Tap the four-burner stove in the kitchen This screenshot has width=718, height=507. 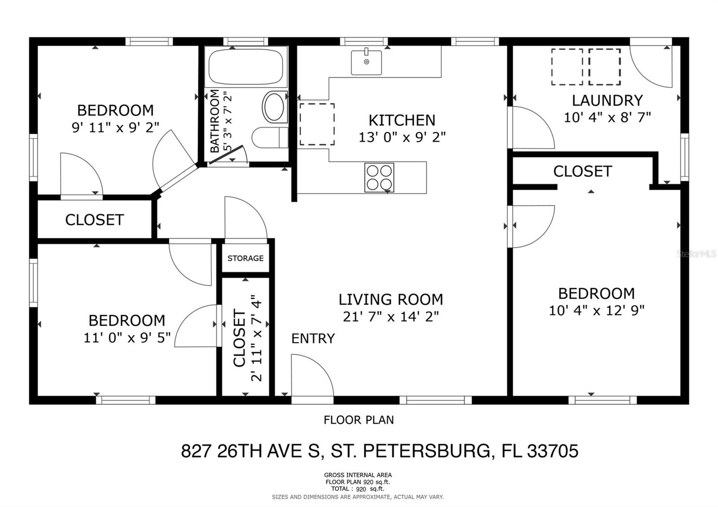pos(379,178)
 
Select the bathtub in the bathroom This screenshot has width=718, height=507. pos(246,67)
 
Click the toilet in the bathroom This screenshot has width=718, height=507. pos(269,137)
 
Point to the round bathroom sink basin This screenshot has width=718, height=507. pos(274,107)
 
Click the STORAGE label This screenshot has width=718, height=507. pos(245,258)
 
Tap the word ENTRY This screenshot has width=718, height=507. pos(313,338)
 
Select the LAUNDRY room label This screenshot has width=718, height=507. pos(607,101)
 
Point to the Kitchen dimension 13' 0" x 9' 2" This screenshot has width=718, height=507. pos(402,137)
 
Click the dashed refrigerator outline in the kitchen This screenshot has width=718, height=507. pos(317,124)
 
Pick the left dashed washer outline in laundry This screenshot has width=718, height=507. pos(567,67)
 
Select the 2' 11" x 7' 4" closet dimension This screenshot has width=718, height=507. pos(256,338)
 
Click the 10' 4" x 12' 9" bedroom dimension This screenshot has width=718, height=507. pos(596,310)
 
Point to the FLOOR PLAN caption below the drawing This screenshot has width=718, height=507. pos(359,420)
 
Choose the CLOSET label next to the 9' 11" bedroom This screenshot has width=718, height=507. pos(94,220)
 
